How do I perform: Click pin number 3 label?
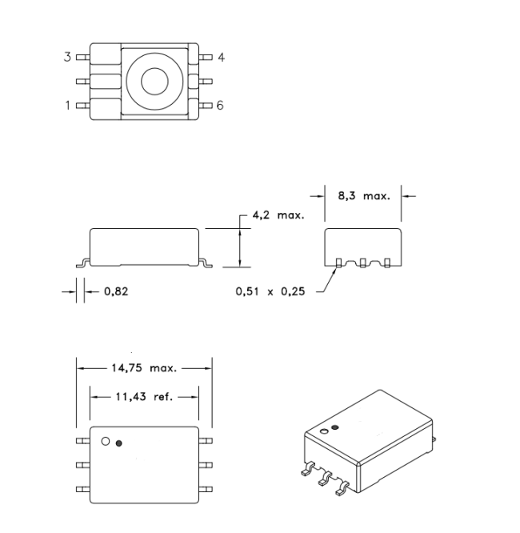point(67,57)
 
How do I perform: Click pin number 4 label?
point(221,57)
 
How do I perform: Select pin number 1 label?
point(67,105)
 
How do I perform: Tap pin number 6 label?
point(221,105)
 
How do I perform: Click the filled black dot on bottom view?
point(120,443)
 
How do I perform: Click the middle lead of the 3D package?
point(325,479)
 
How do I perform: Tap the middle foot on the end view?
point(364,262)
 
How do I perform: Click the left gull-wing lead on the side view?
point(82,262)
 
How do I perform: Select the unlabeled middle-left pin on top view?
point(82,81)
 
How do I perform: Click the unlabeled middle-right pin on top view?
point(206,81)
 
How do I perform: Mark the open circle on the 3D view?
point(325,433)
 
